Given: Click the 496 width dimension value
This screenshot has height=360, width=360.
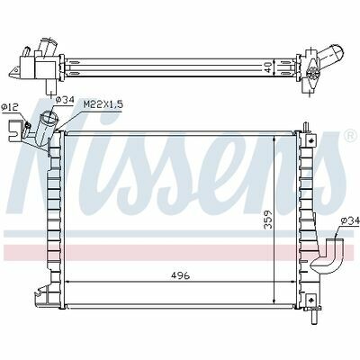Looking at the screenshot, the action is pyautogui.click(x=182, y=275).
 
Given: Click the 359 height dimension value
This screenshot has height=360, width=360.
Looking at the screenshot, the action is pyautogui.click(x=268, y=220).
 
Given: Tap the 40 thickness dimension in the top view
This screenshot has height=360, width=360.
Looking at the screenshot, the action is pyautogui.click(x=269, y=67).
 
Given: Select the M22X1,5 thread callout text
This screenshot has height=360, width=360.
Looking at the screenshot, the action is pyautogui.click(x=103, y=104).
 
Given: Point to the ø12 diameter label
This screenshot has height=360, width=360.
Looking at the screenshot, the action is pyautogui.click(x=9, y=106).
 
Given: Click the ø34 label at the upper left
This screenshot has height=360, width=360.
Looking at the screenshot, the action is pyautogui.click(x=65, y=100).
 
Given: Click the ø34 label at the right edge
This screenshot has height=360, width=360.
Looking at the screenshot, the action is pyautogui.click(x=350, y=221).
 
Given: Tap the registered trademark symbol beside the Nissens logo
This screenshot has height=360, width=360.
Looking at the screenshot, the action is pyautogui.click(x=350, y=136).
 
